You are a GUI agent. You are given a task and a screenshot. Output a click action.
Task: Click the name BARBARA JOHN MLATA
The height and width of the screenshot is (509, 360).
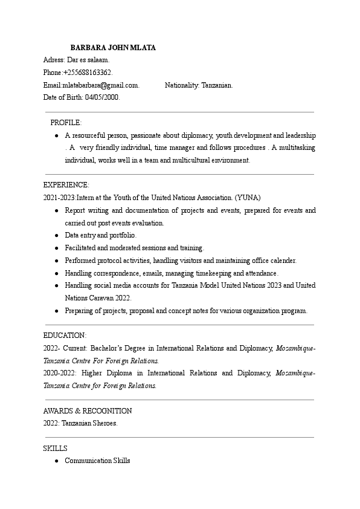(x=113, y=47)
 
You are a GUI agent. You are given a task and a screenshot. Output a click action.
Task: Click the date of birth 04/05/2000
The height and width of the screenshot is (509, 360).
(x=103, y=97)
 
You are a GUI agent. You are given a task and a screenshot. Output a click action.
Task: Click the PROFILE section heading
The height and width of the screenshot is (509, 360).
(x=66, y=123)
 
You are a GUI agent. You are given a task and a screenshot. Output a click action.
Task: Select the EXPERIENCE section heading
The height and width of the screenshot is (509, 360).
(x=66, y=185)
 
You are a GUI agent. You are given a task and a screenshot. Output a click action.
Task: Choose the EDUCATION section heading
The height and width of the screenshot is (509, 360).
(x=65, y=335)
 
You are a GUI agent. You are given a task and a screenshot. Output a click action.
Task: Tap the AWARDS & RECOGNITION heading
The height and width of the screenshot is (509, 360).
(x=88, y=410)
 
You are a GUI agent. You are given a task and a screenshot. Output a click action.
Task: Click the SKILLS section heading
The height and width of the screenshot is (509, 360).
(x=56, y=448)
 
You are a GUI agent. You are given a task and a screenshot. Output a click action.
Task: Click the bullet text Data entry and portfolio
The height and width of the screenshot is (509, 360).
(x=101, y=235)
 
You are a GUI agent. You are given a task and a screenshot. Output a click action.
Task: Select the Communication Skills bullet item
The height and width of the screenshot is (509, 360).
(x=97, y=461)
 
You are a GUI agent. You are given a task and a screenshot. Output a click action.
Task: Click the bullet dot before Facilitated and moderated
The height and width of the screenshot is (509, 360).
(x=56, y=248)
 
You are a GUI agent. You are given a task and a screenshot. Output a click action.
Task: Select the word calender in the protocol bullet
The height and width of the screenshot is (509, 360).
(x=282, y=261)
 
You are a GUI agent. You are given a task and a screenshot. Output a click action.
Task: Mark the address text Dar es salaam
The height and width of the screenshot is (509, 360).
(x=88, y=60)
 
